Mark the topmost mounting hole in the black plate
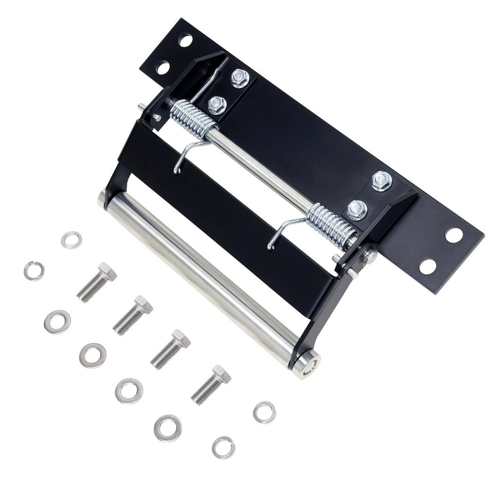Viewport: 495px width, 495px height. pos(186,40)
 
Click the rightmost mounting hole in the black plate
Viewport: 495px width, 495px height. pos(454,234)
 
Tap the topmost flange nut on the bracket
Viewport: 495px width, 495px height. pos(240,78)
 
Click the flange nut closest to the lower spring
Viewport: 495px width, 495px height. pos(357,210)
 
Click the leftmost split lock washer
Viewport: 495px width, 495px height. pos(34,271)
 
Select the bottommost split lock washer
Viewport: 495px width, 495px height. pos(223,447)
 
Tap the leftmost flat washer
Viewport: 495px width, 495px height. pos(57,322)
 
